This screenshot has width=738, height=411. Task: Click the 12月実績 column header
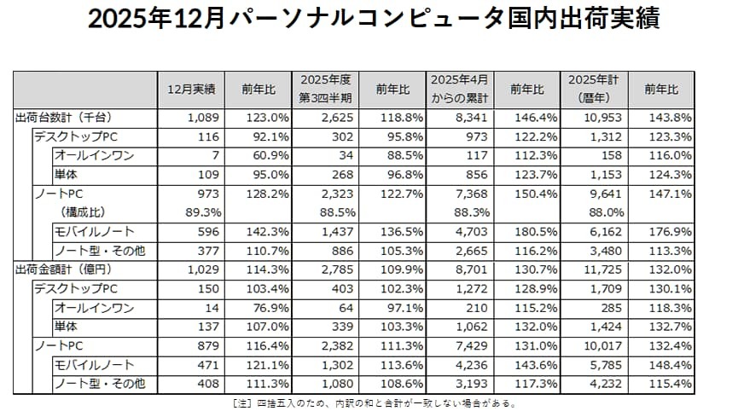(x=191, y=90)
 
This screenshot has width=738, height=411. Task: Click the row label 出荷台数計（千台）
(x=65, y=116)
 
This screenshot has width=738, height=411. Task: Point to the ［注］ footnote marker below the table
(x=242, y=403)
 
